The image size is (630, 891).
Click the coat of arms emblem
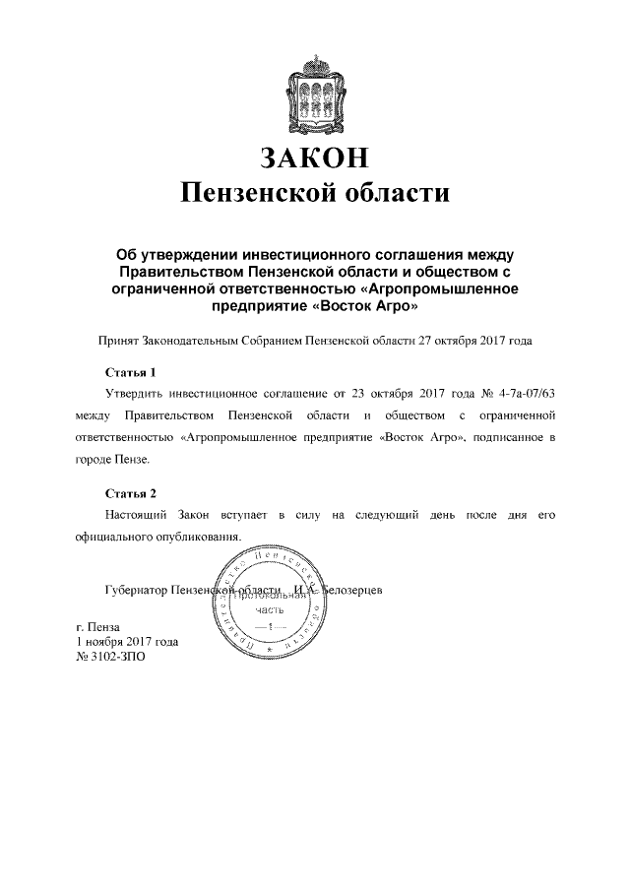pyautogui.click(x=314, y=95)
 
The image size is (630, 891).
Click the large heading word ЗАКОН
pyautogui.click(x=314, y=158)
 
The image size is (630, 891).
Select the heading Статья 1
pyautogui.click(x=131, y=373)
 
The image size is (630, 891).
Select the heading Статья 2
pyautogui.click(x=131, y=493)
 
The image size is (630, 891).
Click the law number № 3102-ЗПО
pyautogui.click(x=110, y=658)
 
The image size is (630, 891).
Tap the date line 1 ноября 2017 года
pyautogui.click(x=127, y=642)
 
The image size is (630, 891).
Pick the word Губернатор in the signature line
pyautogui.click(x=135, y=591)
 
